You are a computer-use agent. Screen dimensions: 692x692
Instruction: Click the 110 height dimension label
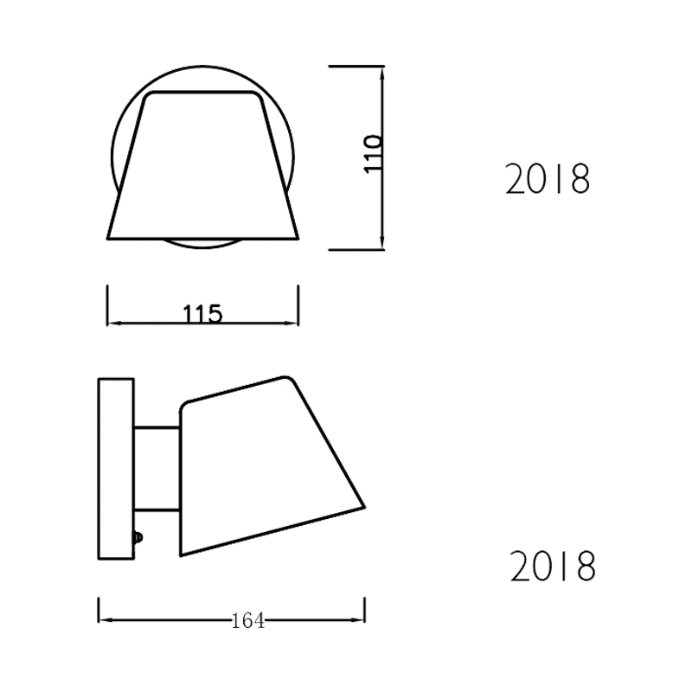pyautogui.click(x=373, y=154)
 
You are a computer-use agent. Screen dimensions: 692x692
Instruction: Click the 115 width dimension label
pyautogui.click(x=202, y=314)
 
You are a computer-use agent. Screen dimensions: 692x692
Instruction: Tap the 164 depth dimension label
pyautogui.click(x=248, y=621)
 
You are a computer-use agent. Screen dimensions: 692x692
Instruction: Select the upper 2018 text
pyautogui.click(x=548, y=179)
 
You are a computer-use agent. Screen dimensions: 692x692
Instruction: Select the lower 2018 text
pyautogui.click(x=553, y=566)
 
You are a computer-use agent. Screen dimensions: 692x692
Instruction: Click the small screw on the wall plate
pyautogui.click(x=138, y=537)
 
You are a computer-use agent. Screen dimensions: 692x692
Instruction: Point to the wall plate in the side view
pyautogui.click(x=116, y=469)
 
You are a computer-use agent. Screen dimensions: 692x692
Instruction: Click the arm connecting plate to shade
pyautogui.click(x=157, y=469)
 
